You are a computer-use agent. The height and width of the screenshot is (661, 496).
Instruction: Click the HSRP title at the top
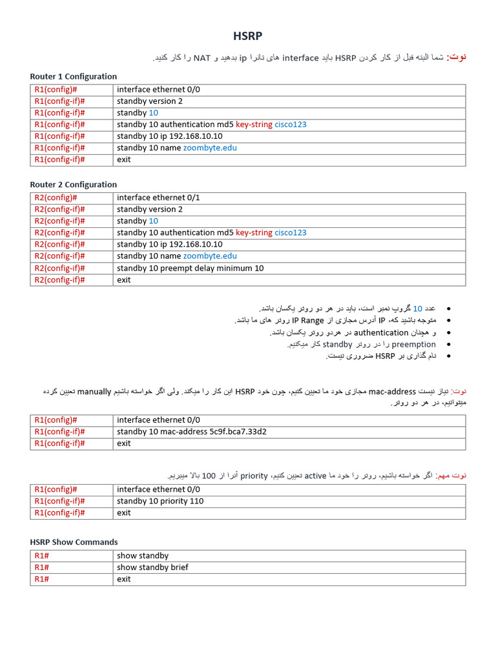click(x=247, y=36)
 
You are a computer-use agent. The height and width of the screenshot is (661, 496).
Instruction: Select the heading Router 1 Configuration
click(x=74, y=76)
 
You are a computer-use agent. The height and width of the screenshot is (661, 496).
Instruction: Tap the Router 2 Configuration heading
click(x=74, y=185)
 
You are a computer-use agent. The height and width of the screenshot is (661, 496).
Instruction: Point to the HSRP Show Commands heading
click(x=74, y=542)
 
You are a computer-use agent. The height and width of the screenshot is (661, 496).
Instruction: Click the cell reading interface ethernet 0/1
click(x=158, y=198)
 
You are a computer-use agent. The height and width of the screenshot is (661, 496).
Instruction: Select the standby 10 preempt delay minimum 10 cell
click(x=190, y=268)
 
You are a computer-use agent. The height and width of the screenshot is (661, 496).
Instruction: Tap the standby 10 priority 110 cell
click(x=160, y=501)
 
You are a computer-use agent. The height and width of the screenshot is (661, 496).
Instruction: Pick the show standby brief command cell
click(x=152, y=567)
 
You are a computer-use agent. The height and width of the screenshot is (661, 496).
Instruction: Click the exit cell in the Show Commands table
click(x=123, y=579)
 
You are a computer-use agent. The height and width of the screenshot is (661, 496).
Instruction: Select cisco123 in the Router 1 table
click(x=291, y=125)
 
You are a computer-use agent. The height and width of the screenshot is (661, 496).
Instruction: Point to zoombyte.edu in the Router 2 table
click(x=210, y=256)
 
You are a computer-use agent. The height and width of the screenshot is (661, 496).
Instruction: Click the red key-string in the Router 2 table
click(x=254, y=233)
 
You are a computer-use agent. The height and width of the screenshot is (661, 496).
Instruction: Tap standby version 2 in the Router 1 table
click(x=150, y=101)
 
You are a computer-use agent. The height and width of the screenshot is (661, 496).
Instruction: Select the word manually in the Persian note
click(x=94, y=392)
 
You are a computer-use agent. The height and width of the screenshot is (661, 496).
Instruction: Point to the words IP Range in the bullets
click(x=308, y=320)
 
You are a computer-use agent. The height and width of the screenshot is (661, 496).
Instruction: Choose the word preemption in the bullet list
click(x=414, y=345)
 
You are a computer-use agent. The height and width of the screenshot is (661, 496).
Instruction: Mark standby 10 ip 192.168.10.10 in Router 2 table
click(x=170, y=245)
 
